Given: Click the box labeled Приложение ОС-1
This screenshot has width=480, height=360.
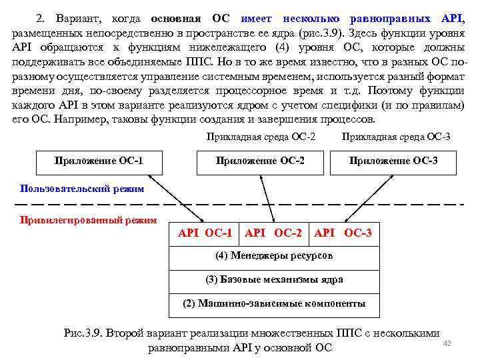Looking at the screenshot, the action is click(99, 161).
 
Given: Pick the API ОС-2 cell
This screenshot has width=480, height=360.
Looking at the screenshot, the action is click(273, 233).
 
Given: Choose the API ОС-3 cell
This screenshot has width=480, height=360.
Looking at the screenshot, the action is click(343, 233).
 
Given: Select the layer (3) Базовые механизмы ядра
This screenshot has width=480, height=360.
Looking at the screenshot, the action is click(274, 280).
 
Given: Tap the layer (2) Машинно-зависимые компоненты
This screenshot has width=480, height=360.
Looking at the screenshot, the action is click(274, 303).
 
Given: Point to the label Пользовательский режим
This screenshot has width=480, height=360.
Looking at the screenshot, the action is click(82, 189).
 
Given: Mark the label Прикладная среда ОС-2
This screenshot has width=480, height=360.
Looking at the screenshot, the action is click(261, 137).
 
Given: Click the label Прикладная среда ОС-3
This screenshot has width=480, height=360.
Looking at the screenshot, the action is click(395, 137).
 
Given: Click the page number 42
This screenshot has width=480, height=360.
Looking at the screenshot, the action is click(447, 343).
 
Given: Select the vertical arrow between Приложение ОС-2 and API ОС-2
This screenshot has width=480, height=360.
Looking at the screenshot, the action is click(274, 199).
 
